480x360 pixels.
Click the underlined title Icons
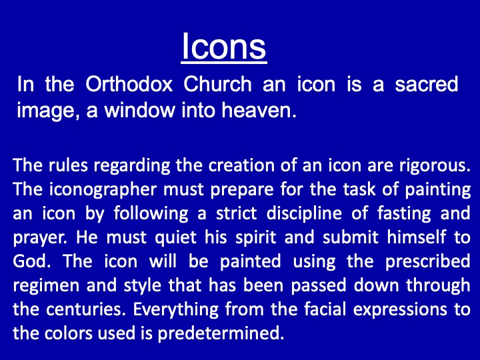[x=224, y=47]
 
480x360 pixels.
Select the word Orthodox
[x=129, y=84]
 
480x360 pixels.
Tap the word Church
[x=217, y=84]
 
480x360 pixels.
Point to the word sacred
[x=426, y=84]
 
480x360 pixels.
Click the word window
[x=139, y=110]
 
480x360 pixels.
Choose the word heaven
[x=259, y=110]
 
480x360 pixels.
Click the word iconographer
[x=103, y=190]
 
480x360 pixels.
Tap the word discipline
[x=304, y=214]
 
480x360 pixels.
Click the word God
[x=31, y=261]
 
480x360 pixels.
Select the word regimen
[x=46, y=286]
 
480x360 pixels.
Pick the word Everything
[x=176, y=310]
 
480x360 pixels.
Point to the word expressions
[x=400, y=310]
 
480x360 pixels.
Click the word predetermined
[x=221, y=333]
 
